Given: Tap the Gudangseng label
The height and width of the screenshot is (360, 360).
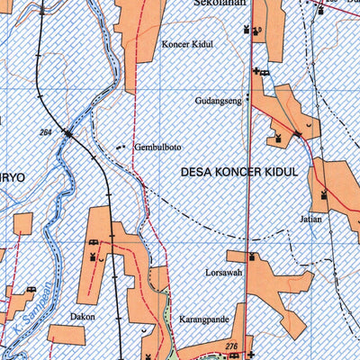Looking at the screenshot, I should pyautogui.click(x=218, y=102).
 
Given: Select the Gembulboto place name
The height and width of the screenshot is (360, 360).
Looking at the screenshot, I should pyautogui.click(x=157, y=147).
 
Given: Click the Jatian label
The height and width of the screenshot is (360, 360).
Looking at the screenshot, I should pyautogui.click(x=311, y=219).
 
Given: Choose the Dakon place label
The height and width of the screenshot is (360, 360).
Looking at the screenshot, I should pyautogui.click(x=81, y=317).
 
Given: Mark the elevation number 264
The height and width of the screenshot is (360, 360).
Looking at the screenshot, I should pyautogui.click(x=46, y=132).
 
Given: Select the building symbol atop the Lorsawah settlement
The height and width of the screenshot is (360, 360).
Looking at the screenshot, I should pyautogui.click(x=252, y=257).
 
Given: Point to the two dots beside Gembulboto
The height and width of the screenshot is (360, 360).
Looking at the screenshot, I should pyautogui.click(x=121, y=147).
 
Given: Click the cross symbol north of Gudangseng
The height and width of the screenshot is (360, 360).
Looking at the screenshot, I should pyautogui.click(x=257, y=71).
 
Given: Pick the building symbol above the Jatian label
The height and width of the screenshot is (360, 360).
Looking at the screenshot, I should pyautogui.click(x=323, y=193).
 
